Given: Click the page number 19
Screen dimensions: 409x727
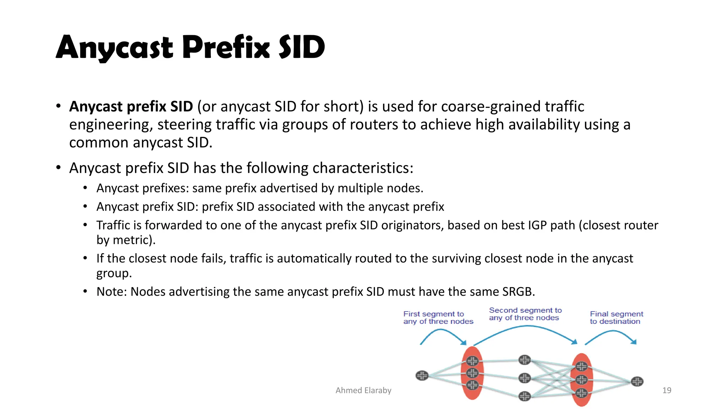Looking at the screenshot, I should (667, 391).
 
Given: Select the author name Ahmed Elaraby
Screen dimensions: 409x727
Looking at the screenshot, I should (363, 391).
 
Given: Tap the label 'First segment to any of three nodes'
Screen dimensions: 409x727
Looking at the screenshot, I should (438, 318).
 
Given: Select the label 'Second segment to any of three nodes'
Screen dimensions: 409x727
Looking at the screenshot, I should (525, 314).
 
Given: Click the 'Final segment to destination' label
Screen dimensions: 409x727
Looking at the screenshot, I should (616, 318).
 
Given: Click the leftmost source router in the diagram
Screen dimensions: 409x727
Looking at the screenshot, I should (422, 375).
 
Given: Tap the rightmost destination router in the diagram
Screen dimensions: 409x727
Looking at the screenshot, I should (637, 382).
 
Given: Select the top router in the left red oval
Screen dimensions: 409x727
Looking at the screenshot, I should (472, 361).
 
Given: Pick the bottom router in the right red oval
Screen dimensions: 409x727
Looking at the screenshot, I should (581, 393).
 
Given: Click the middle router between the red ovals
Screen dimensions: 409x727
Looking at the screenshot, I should (524, 378).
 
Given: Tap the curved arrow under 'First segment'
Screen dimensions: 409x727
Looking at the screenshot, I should (442, 331).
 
